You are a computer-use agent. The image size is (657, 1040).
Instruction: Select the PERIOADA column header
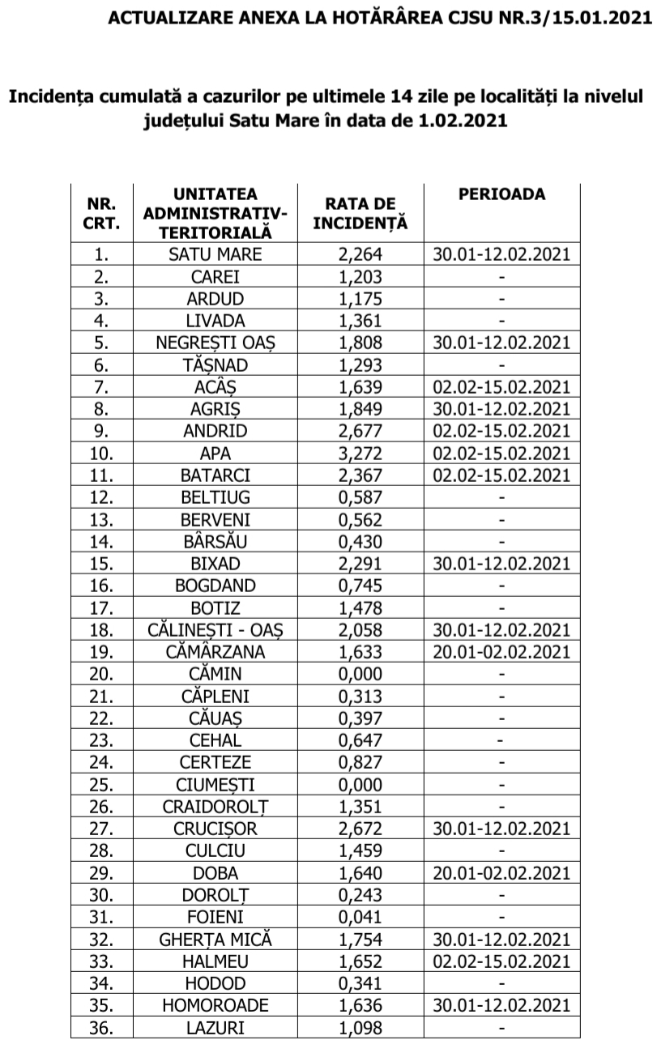[x=501, y=194]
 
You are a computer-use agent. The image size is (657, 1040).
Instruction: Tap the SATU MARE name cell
[x=215, y=254]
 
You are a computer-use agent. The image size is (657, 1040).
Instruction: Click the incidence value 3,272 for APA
[x=360, y=453]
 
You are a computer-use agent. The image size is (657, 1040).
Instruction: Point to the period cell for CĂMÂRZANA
[x=501, y=651]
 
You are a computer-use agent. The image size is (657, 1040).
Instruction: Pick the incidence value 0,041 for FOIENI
[x=360, y=917]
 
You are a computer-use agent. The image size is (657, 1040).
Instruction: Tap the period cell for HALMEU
[x=501, y=961]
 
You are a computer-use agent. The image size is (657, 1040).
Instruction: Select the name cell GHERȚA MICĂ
[x=215, y=939]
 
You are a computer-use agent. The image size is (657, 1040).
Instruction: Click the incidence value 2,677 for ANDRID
[x=360, y=431]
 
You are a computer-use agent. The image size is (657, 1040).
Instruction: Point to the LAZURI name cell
[x=215, y=1027]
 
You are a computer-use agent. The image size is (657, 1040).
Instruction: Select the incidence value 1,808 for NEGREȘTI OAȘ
[x=360, y=343]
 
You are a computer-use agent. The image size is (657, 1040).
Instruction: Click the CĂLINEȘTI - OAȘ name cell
[x=215, y=629]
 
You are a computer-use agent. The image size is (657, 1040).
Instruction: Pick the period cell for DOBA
[x=501, y=872]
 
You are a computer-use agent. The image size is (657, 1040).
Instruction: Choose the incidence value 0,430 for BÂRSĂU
[x=360, y=541]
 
